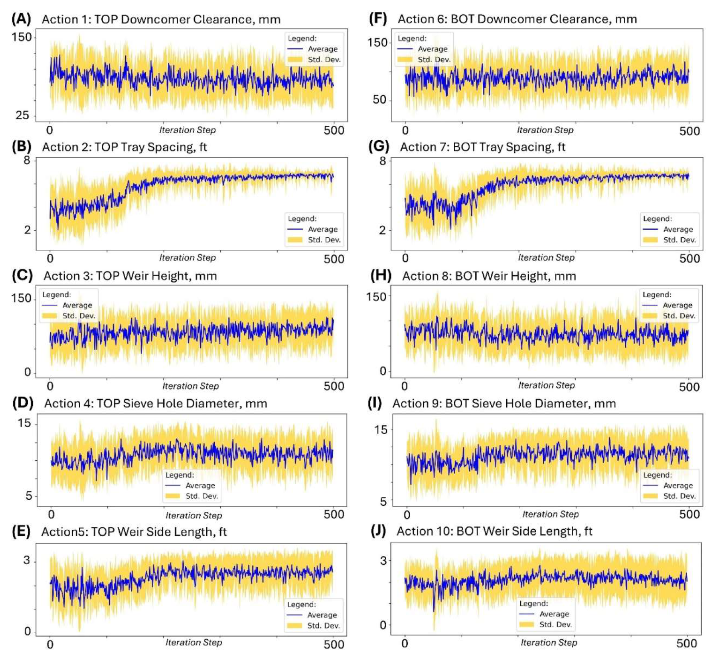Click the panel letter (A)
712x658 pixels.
coord(21,19)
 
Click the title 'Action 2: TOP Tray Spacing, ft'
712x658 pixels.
coord(124,147)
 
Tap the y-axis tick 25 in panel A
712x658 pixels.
coord(22,115)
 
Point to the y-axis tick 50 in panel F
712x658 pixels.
coord(379,100)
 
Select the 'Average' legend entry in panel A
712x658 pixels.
coord(323,49)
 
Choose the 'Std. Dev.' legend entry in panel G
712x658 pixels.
coord(679,240)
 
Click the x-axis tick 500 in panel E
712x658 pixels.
coord(334,644)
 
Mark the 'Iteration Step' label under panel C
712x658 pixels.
coord(190,386)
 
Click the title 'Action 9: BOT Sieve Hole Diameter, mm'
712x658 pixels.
coord(504,404)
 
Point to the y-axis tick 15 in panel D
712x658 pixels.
coord(24,423)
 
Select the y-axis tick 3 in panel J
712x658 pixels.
coord(383,561)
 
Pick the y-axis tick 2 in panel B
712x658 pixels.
coord(27,230)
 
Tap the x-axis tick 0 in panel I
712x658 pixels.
coord(407,515)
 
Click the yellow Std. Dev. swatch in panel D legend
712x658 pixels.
coord(173,496)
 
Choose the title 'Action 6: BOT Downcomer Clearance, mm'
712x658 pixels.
coord(517,19)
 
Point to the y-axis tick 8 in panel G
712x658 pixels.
coord(383,161)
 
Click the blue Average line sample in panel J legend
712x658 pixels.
coord(527,614)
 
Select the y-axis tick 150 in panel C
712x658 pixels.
coord(21,298)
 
